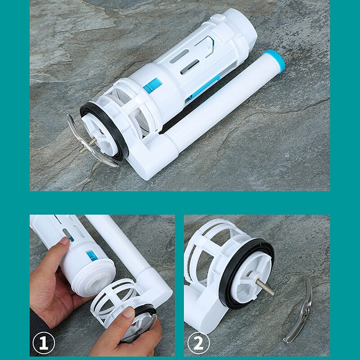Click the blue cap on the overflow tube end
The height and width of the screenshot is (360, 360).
coord(275,61)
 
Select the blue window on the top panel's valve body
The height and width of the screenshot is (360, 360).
coord(152,85)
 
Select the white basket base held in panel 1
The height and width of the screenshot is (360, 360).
coord(117,299)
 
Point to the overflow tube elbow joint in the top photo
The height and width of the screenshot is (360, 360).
coord(148,157)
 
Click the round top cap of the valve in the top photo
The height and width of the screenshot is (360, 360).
coord(238,27)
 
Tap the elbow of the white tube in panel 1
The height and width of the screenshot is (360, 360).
coord(155,288)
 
